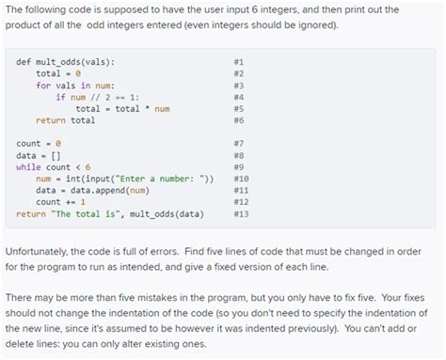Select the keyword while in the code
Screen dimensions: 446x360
tap(28, 166)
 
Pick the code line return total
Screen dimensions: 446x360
tap(65, 120)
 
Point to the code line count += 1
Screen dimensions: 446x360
tap(60, 202)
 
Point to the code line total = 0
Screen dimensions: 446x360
tap(60, 73)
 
